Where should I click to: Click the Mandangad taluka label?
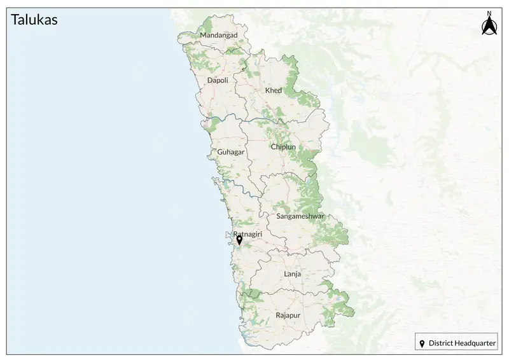tap(218, 35)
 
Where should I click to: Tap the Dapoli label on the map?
tap(218, 80)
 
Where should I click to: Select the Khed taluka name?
tap(273, 90)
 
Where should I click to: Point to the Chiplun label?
tap(283, 147)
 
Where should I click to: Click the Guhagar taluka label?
tap(230, 153)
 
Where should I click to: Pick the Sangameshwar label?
tap(300, 216)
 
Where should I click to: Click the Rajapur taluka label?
tap(288, 315)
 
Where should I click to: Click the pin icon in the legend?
tap(422, 343)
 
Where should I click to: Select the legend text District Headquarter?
tap(462, 343)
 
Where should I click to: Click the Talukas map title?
tap(34, 20)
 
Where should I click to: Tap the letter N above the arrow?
tap(489, 13)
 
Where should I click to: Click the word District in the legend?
tap(440, 343)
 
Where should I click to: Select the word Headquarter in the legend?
tap(474, 343)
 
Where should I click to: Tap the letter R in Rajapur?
tap(278, 315)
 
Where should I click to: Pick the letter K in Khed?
tap(267, 90)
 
